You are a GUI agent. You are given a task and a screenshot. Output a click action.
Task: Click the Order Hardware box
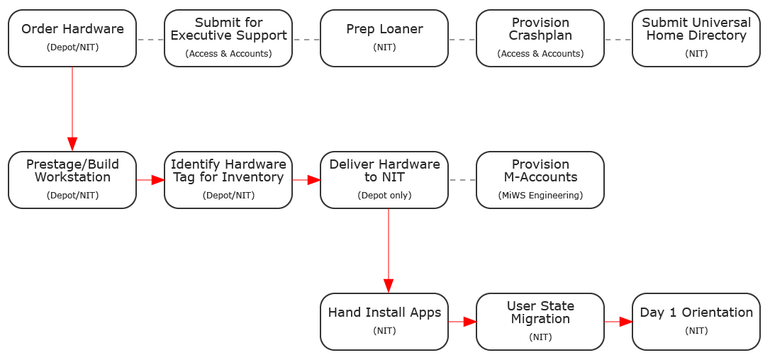point(72,38)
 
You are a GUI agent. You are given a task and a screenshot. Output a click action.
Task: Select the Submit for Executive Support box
point(228,38)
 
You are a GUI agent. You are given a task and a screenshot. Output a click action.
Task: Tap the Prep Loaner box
point(384,38)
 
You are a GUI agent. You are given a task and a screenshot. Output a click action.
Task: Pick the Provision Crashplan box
point(540,38)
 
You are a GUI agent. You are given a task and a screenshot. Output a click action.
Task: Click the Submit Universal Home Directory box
point(696,38)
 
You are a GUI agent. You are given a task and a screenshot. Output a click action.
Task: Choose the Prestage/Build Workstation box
point(72,180)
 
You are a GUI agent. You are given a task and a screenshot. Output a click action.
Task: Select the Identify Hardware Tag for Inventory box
point(228,180)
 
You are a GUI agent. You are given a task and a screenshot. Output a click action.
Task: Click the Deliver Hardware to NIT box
point(384,180)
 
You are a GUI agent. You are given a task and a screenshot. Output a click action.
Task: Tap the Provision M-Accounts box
point(540,180)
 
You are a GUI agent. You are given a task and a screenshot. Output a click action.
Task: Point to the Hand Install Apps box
point(384,322)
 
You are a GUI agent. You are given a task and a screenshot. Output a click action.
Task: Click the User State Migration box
point(540,322)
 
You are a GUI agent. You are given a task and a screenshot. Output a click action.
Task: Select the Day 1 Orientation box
point(696,322)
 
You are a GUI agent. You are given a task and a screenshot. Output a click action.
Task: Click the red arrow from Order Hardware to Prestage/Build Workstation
point(72,109)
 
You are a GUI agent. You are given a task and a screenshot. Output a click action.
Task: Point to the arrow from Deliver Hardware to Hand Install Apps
point(389,251)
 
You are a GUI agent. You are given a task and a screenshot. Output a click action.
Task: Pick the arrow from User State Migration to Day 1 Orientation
point(618,322)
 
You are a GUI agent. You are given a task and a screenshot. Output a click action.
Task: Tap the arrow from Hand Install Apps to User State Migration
point(462,322)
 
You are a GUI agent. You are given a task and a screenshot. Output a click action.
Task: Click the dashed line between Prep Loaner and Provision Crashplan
point(462,39)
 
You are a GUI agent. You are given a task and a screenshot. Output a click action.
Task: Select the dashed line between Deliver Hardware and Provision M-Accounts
point(462,180)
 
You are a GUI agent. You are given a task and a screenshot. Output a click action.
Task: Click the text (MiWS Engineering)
point(540,196)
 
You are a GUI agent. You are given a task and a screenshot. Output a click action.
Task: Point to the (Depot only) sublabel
point(384,196)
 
